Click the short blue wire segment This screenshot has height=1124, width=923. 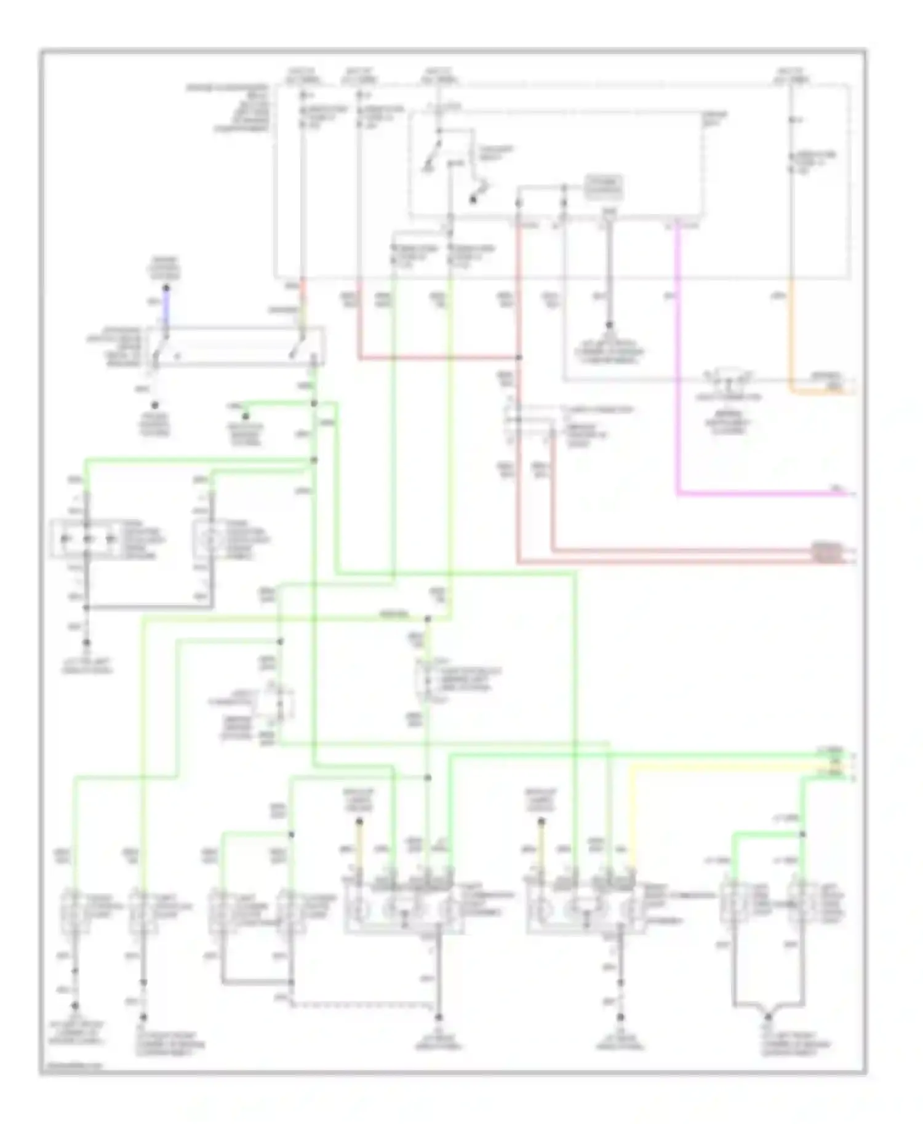tap(165, 311)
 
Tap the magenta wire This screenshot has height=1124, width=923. tap(677, 369)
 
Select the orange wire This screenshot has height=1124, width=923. tap(791, 338)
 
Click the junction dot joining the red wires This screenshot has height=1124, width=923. tap(519, 357)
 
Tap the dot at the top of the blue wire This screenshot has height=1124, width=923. tap(165, 288)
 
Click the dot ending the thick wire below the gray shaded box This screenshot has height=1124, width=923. tap(609, 325)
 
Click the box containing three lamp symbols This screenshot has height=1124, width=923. tap(86, 540)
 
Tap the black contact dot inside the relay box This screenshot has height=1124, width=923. tap(473, 200)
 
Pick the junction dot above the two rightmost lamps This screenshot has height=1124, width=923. tap(802, 834)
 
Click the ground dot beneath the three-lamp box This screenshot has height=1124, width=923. tap(86, 643)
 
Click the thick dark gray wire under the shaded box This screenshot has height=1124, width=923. tap(609, 271)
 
